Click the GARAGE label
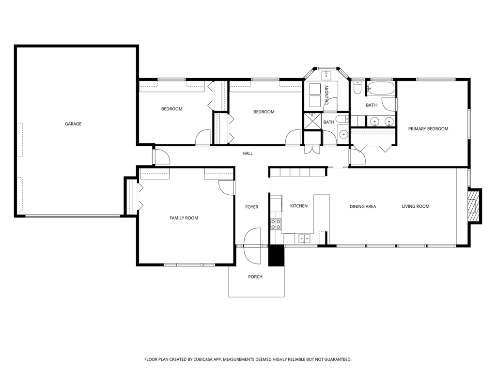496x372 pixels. click(73, 124)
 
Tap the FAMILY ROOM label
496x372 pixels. click(184, 218)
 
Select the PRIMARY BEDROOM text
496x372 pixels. click(428, 129)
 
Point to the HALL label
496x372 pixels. click(248, 154)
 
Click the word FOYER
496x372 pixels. click(252, 207)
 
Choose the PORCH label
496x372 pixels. click(255, 277)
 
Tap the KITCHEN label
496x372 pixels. click(299, 206)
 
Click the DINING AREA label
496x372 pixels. click(363, 206)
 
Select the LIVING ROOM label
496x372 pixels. click(416, 206)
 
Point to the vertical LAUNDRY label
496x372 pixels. click(327, 94)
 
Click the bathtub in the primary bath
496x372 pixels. click(381, 89)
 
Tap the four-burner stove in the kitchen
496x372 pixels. click(276, 224)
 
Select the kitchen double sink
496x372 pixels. click(305, 238)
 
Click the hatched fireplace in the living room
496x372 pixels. click(474, 206)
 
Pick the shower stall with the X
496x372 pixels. click(312, 121)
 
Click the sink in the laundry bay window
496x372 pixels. click(326, 75)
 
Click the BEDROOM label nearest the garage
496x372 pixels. click(172, 109)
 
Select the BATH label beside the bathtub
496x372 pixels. click(372, 105)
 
